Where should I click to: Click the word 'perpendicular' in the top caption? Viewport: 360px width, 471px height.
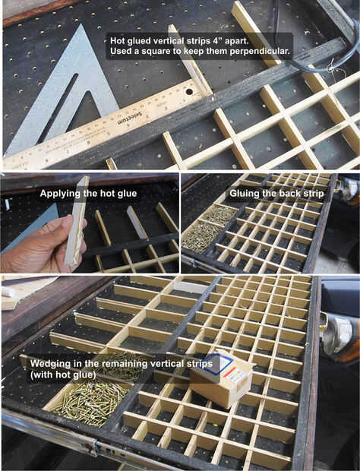tap(260, 52)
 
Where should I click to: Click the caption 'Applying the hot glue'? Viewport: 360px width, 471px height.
tap(88, 194)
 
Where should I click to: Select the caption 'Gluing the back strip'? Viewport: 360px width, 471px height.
tap(276, 193)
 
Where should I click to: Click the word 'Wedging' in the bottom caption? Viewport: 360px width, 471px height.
tap(48, 364)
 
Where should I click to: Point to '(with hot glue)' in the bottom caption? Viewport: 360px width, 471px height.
tap(63, 375)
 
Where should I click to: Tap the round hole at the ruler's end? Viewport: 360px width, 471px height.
tap(189, 90)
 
